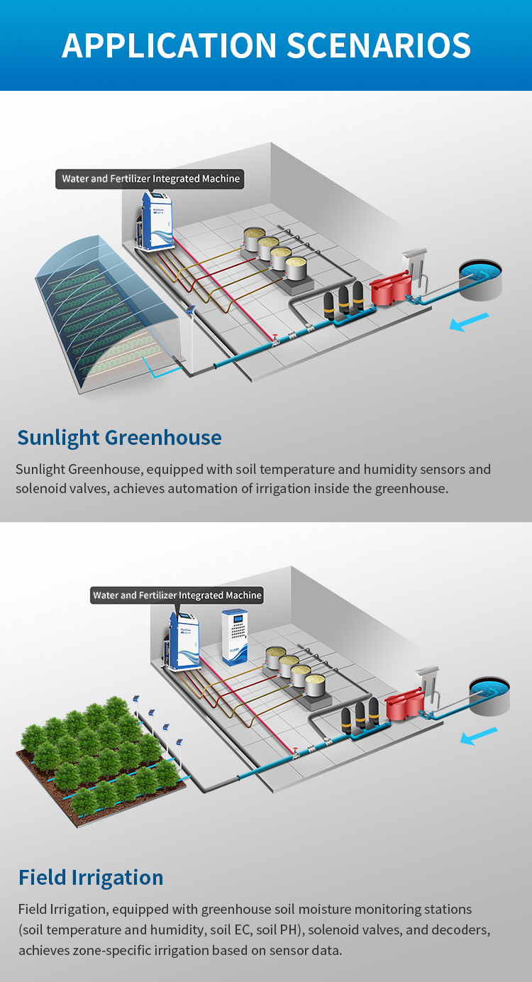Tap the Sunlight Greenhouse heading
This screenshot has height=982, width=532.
tap(119, 437)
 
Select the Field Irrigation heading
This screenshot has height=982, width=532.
tap(91, 877)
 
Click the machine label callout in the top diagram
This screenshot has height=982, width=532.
tap(150, 179)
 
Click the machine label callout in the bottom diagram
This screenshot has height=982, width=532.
tap(177, 595)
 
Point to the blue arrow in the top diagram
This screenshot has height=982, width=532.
tap(469, 322)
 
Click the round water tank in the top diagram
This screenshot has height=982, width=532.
tap(480, 279)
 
